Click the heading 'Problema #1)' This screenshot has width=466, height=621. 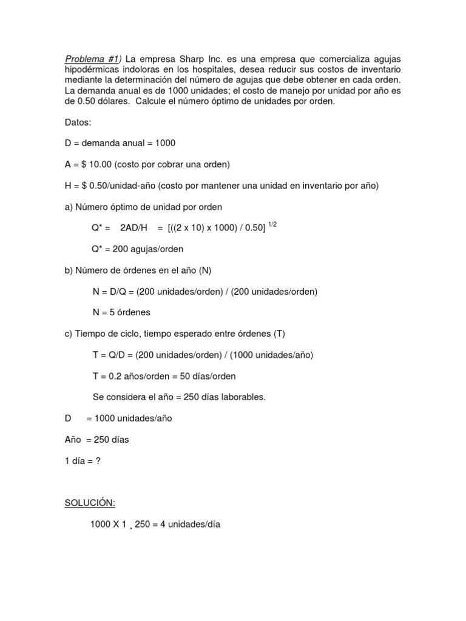coord(93,59)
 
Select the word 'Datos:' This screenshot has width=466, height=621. coord(78,123)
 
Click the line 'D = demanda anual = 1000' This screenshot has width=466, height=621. coord(120,144)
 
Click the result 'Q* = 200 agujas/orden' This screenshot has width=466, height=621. coord(138,249)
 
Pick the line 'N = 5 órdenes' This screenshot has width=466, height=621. coord(121,312)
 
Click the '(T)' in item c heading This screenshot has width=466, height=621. coord(279,334)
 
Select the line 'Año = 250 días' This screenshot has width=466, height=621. coord(96,440)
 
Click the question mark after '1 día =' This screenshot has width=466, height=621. coord(98,461)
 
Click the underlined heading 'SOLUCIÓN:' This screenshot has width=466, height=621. coord(90,503)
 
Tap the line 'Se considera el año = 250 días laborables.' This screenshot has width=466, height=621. coord(179,397)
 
